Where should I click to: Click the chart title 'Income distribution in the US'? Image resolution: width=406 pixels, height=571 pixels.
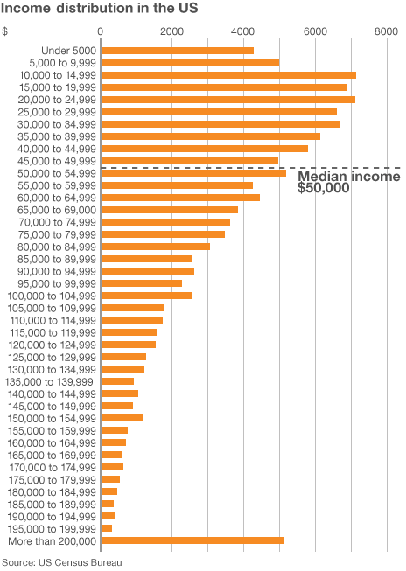tap(99, 8)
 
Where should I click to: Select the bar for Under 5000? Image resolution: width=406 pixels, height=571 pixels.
tap(178, 51)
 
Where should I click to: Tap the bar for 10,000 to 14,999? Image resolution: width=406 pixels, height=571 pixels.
tap(228, 75)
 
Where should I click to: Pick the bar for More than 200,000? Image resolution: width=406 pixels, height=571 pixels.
tap(192, 540)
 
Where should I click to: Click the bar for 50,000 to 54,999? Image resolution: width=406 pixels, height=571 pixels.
tap(193, 173)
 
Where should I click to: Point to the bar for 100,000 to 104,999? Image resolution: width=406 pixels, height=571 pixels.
tap(146, 296)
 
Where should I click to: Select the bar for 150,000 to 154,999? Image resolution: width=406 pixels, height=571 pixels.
tap(122, 418)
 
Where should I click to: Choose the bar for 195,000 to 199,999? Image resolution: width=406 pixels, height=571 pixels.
tap(107, 528)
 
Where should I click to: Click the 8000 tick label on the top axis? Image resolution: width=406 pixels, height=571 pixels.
tap(387, 31)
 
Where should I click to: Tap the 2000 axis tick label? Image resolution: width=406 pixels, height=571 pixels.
tap(171, 31)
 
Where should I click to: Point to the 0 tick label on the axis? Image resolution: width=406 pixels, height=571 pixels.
tap(101, 31)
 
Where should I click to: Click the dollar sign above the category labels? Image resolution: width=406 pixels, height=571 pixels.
tap(4, 31)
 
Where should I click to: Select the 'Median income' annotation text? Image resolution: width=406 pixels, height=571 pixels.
tap(349, 177)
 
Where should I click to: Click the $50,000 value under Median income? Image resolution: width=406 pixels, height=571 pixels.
tap(323, 188)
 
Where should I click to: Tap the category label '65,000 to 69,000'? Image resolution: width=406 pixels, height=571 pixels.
tap(57, 210)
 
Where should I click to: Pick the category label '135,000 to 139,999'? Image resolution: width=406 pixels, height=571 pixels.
tap(49, 381)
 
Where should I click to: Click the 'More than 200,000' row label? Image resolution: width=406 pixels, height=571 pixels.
tap(52, 541)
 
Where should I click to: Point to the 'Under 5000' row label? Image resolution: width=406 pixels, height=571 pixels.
tap(69, 51)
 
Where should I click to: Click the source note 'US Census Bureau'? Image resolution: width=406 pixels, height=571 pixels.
tap(80, 562)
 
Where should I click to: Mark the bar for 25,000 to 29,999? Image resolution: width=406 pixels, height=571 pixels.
tap(219, 112)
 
